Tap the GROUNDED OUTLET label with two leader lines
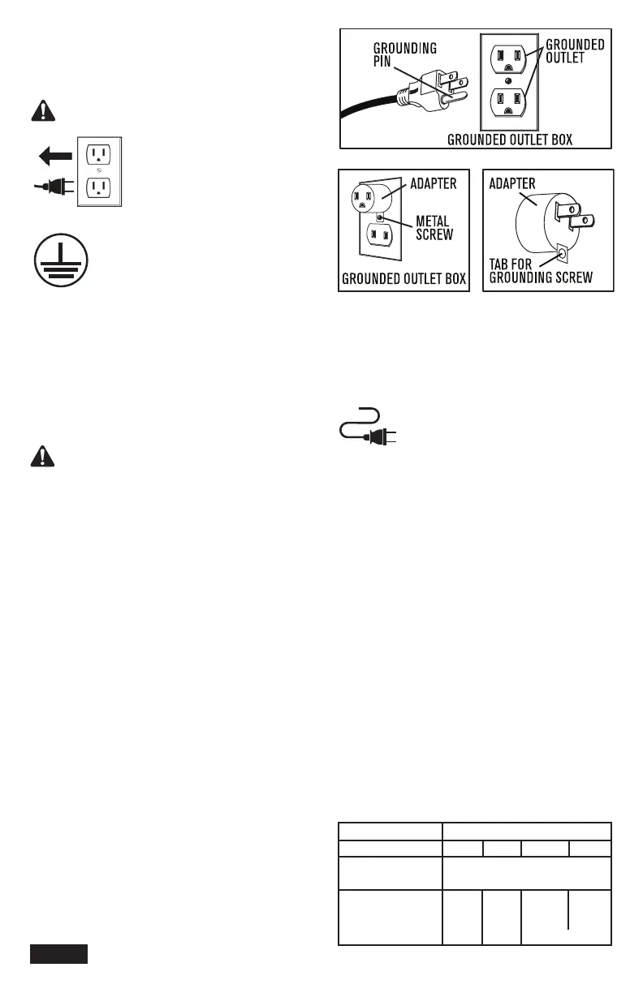point(575,51)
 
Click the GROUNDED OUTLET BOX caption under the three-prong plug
point(510,140)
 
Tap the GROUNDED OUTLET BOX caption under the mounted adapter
point(404,280)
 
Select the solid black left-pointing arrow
point(53,154)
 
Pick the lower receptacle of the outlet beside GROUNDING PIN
point(507,106)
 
